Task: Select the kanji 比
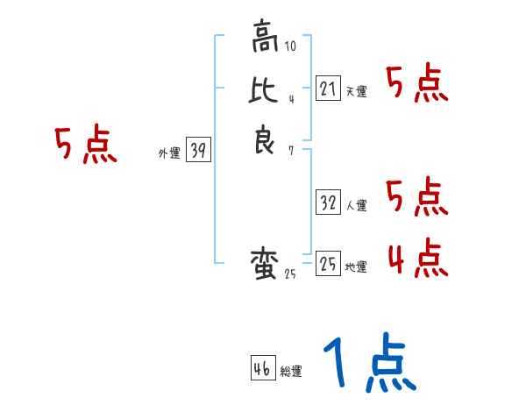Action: tap(264, 90)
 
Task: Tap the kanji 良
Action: tap(264, 140)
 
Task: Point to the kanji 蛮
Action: tap(264, 264)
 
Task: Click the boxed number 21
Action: tap(328, 89)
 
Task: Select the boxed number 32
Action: tap(328, 202)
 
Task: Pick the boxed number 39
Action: tap(198, 151)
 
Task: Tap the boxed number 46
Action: tap(262, 369)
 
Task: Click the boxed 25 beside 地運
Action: tap(328, 264)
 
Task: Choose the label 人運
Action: tap(356, 206)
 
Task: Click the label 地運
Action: tap(356, 267)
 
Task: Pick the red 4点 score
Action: tap(417, 259)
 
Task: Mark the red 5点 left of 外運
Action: tap(85, 145)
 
